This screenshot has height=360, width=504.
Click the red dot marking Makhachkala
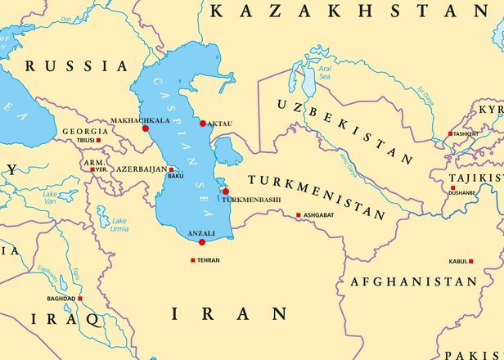[x=146, y=128]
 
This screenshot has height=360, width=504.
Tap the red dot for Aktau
[x=203, y=124]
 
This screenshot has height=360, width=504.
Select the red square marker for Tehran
[x=193, y=260]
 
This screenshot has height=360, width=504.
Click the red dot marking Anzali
[x=202, y=242]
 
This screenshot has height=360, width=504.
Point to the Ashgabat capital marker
[x=299, y=215]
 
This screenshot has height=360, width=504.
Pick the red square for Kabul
[x=471, y=261]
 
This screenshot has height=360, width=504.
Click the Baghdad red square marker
[x=80, y=299]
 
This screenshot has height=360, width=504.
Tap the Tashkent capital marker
[x=450, y=133]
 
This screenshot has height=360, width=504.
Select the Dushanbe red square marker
[x=452, y=188]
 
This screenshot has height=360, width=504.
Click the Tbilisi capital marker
[x=99, y=140]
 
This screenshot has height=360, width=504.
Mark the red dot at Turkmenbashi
[x=226, y=191]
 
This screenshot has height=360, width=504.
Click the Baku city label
[x=175, y=176]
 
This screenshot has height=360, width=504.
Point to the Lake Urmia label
[x=119, y=224]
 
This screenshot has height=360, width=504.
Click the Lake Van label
[x=50, y=197]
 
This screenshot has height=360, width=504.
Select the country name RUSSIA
[x=76, y=65]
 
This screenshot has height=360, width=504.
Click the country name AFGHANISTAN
[x=413, y=281]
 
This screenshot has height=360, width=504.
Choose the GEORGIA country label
[x=85, y=131]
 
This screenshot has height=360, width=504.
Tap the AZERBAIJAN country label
[x=138, y=169]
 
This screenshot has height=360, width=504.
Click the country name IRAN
[x=229, y=313]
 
